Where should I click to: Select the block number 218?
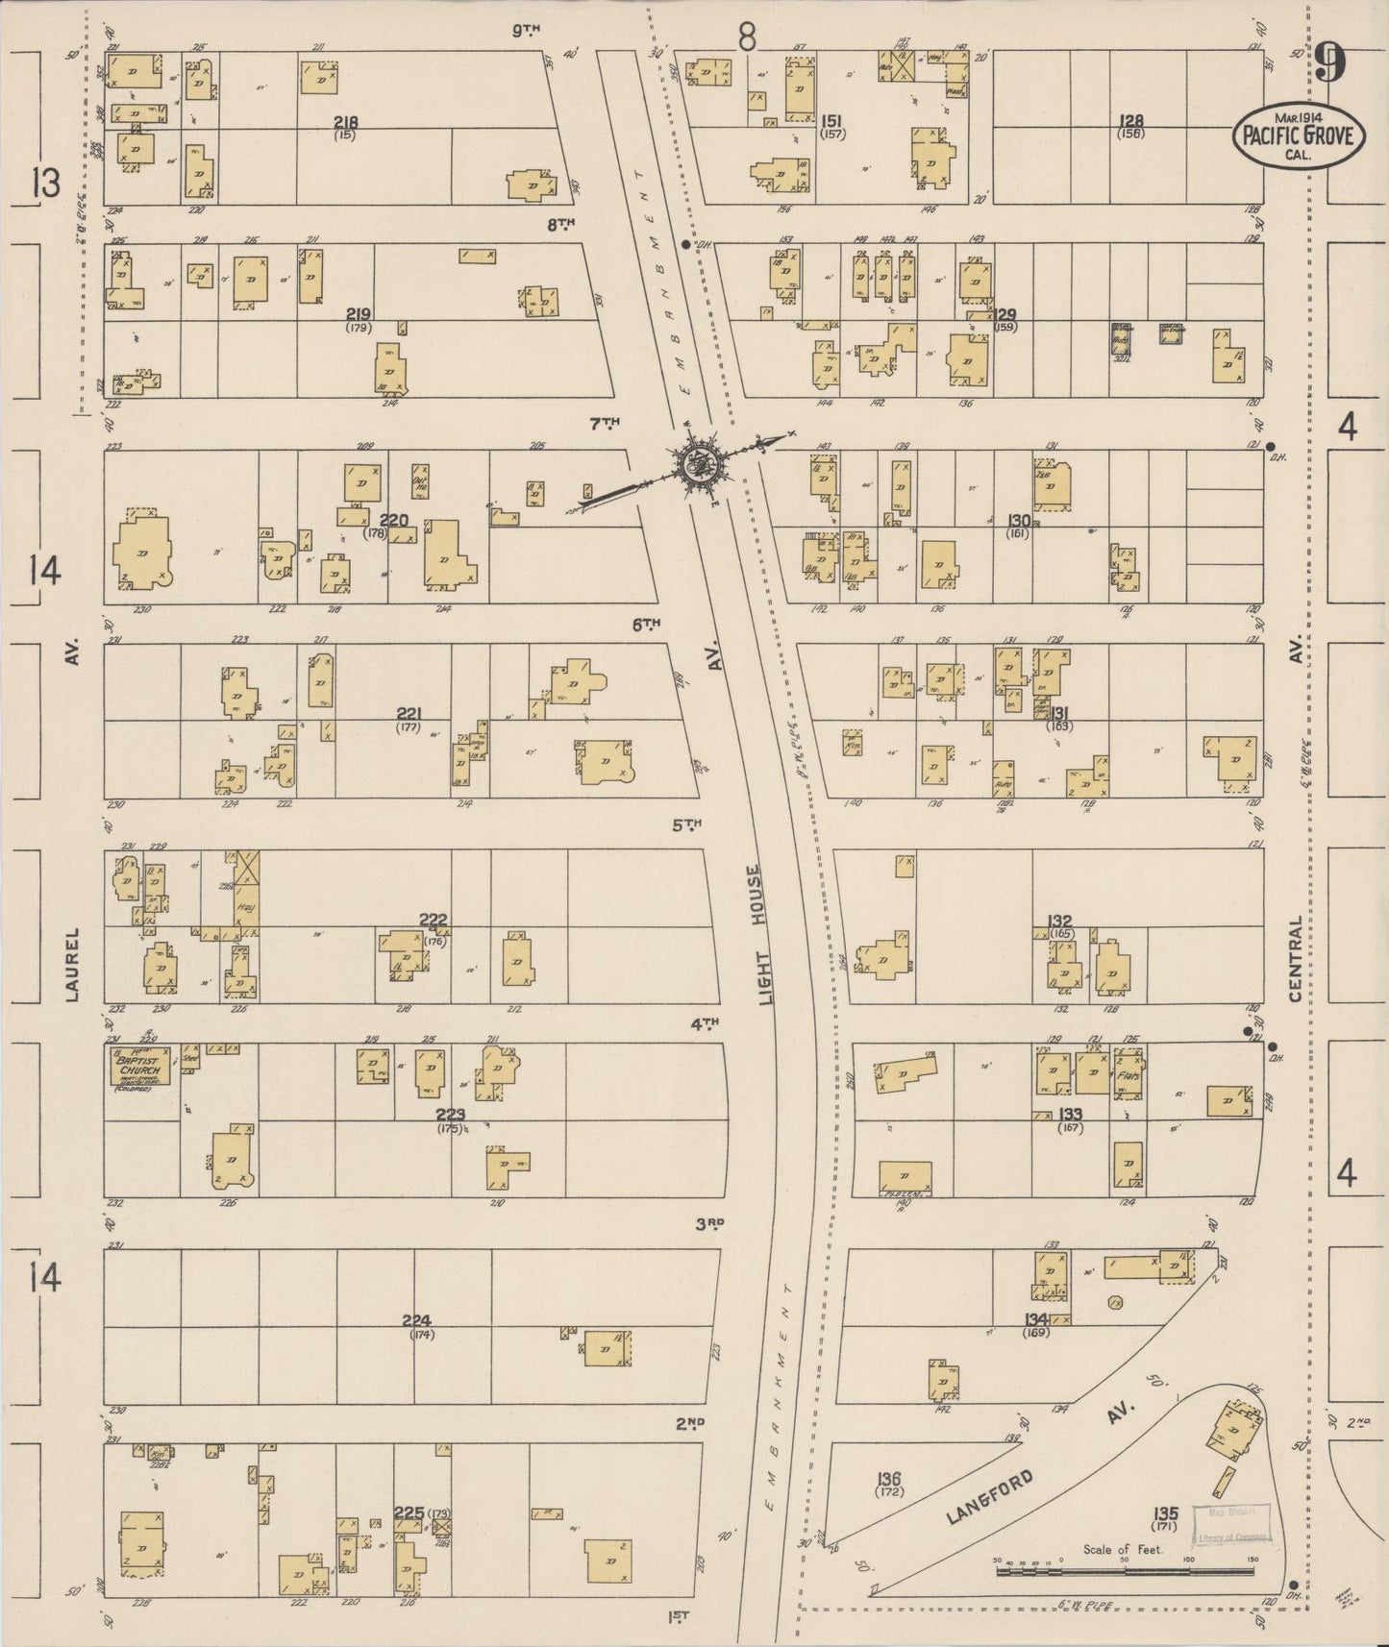tap(345, 122)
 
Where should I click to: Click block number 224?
tap(417, 1320)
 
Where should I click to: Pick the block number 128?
tap(1131, 121)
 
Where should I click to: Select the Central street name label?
tap(1296, 958)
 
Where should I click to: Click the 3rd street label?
tap(709, 1224)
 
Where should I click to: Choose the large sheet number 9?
tap(1331, 66)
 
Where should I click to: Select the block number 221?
tap(409, 713)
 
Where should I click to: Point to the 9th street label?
tap(526, 30)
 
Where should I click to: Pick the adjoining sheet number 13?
tap(45, 182)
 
